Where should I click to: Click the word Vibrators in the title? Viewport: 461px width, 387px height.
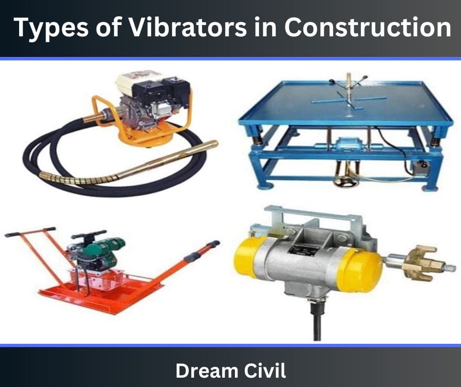[x=187, y=27]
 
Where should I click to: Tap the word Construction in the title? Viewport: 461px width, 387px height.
[x=367, y=27]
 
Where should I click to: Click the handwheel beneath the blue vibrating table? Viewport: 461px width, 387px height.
[x=346, y=181]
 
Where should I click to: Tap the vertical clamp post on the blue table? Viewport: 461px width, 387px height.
[x=349, y=89]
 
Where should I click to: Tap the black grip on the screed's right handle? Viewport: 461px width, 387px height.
[x=203, y=250]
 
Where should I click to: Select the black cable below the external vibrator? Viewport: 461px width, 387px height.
[x=317, y=321]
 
